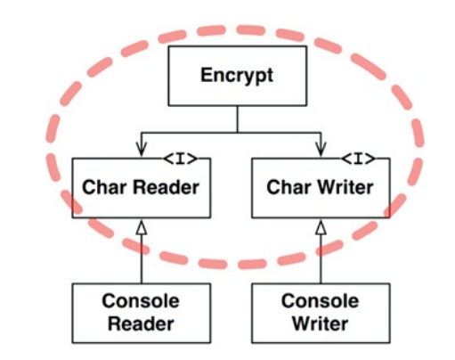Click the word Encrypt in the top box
(237, 76)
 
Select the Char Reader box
(142, 188)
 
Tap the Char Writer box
(321, 188)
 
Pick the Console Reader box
(142, 313)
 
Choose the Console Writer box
(321, 313)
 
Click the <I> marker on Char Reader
(180, 159)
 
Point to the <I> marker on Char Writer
(358, 159)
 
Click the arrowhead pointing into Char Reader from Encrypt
(142, 150)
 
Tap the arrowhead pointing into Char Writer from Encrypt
(321, 150)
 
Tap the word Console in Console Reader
(141, 301)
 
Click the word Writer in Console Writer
(321, 323)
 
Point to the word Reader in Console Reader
(141, 323)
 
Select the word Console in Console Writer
(321, 301)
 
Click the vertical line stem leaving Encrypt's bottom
(238, 119)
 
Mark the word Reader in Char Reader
(167, 187)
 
